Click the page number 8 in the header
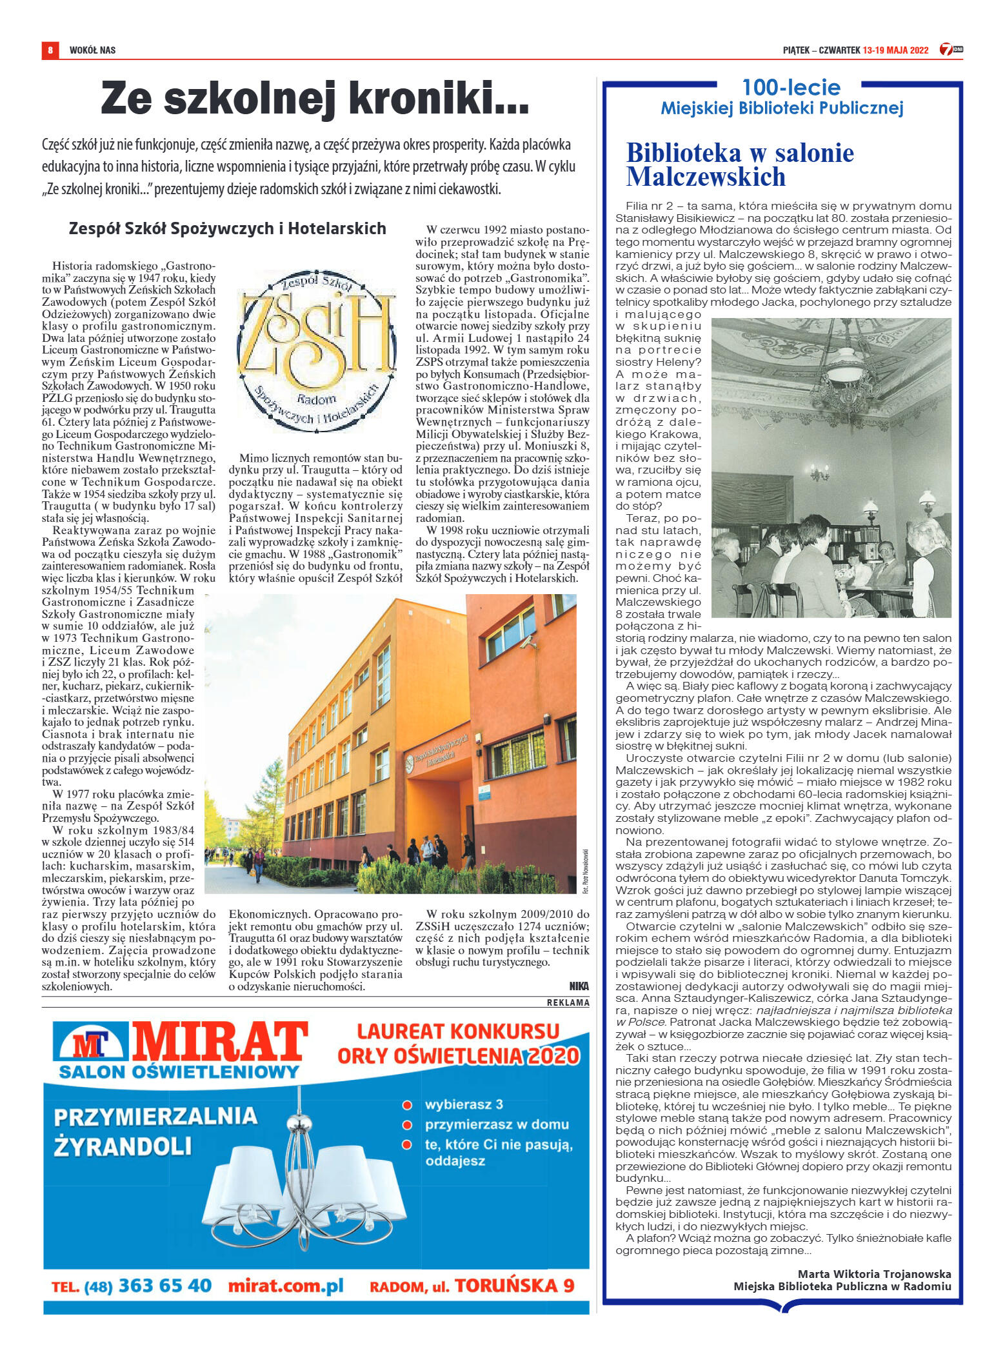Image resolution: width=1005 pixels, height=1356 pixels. [50, 50]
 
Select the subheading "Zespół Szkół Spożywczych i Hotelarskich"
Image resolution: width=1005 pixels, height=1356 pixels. [227, 228]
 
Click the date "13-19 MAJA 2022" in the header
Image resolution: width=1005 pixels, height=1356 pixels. [895, 50]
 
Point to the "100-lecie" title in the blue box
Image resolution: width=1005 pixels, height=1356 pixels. [791, 88]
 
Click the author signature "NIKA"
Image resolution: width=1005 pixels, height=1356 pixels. [579, 986]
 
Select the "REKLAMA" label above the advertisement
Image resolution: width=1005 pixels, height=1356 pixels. [568, 1002]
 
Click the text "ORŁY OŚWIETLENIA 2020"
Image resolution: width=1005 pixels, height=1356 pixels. [459, 1057]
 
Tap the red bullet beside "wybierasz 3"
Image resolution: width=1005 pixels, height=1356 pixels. [407, 1105]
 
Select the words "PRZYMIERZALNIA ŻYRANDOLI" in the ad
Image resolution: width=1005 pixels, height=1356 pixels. [155, 1130]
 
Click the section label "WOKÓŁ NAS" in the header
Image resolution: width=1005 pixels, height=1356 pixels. [92, 50]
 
